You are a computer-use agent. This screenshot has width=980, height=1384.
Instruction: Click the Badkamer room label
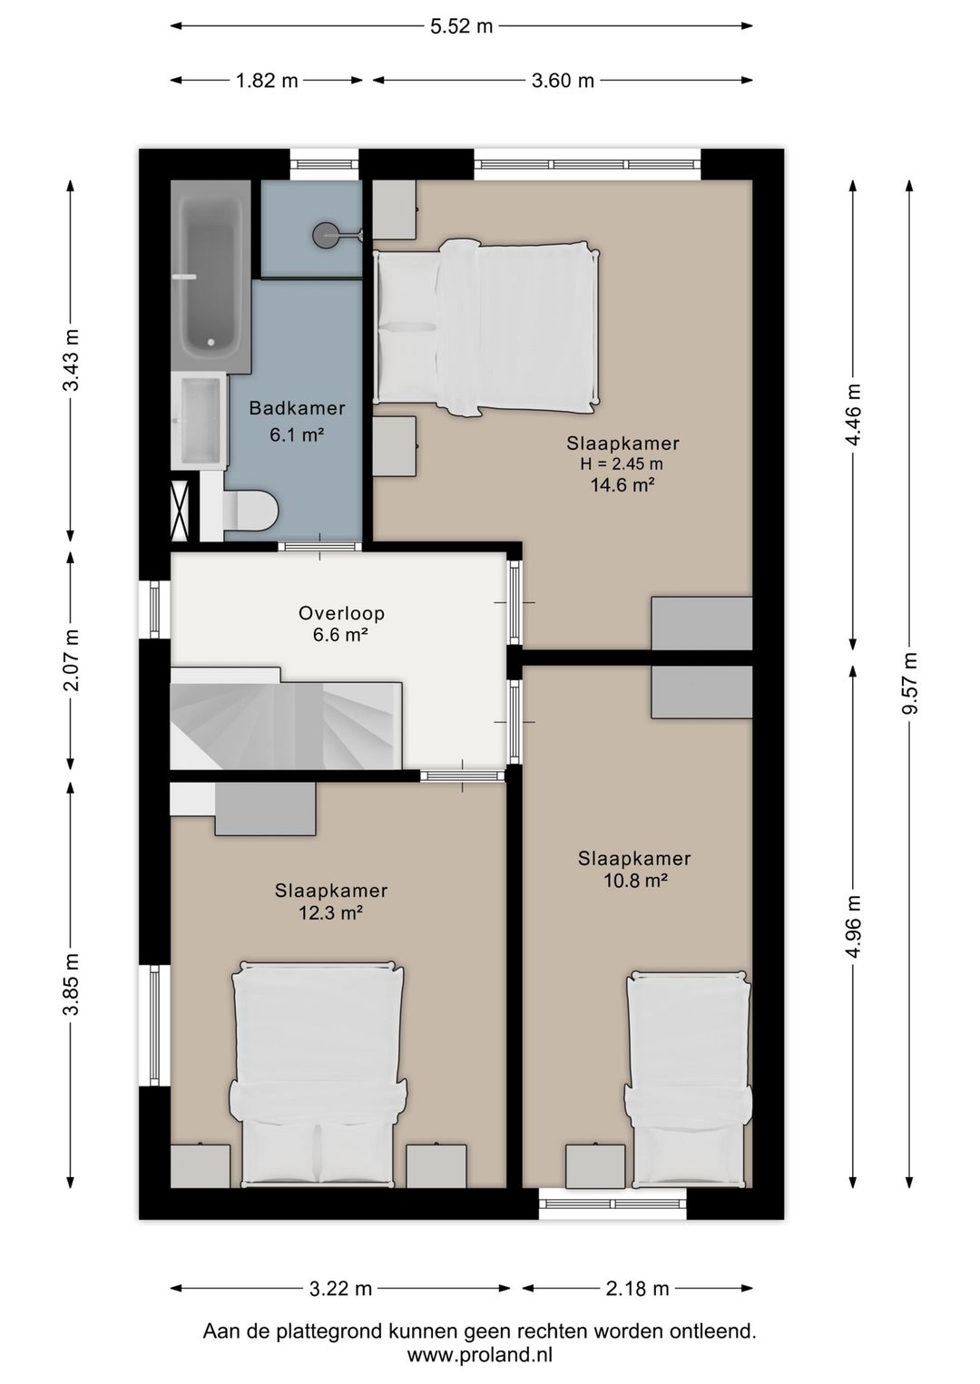(297, 408)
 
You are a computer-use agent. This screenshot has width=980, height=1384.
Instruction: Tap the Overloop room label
(341, 613)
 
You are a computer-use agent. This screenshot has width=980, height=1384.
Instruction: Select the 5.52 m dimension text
(461, 26)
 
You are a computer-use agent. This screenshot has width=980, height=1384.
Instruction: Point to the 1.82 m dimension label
(267, 81)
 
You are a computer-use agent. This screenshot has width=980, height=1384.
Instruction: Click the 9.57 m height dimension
(909, 684)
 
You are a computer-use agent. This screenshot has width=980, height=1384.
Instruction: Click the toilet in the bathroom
(250, 510)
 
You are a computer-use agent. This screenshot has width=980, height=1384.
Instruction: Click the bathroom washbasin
(201, 420)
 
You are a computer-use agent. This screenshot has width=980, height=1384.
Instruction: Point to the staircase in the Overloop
(286, 717)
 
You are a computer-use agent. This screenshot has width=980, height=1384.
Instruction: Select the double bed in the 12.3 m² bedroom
(318, 1075)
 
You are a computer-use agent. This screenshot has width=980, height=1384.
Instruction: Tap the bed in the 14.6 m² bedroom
(487, 327)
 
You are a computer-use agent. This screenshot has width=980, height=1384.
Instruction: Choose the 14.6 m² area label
(622, 485)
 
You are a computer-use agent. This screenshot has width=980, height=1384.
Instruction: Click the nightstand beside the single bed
(595, 1166)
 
